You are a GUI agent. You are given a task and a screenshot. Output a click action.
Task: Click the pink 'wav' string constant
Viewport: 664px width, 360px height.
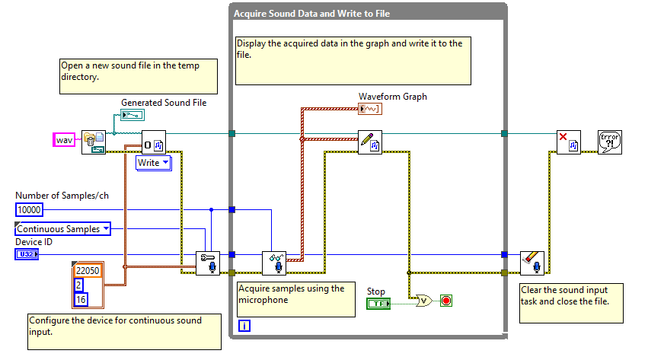(x=64, y=140)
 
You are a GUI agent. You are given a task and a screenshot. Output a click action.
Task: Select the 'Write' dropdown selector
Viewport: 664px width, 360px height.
(x=154, y=163)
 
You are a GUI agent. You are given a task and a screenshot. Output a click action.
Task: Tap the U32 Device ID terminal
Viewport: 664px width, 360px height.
(x=26, y=254)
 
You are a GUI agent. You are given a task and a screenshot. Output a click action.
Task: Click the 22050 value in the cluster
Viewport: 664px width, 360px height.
(x=88, y=270)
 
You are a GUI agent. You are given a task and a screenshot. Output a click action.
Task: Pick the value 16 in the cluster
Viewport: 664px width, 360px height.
(x=81, y=298)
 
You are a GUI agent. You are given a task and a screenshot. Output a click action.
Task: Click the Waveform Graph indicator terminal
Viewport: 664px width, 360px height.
(x=370, y=109)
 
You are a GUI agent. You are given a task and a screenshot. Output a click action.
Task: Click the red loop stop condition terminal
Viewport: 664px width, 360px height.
(x=446, y=301)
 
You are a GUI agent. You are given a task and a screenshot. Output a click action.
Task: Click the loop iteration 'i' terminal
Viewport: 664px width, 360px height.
(x=244, y=326)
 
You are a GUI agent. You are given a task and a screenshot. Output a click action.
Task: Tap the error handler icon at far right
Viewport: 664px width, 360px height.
(x=610, y=142)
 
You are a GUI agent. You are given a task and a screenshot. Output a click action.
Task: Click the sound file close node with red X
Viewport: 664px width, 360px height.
(x=568, y=142)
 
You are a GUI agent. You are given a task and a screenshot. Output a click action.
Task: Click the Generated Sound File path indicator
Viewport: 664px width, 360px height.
(x=132, y=115)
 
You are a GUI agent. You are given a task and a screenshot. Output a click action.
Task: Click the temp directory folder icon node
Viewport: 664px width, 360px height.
(x=94, y=142)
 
